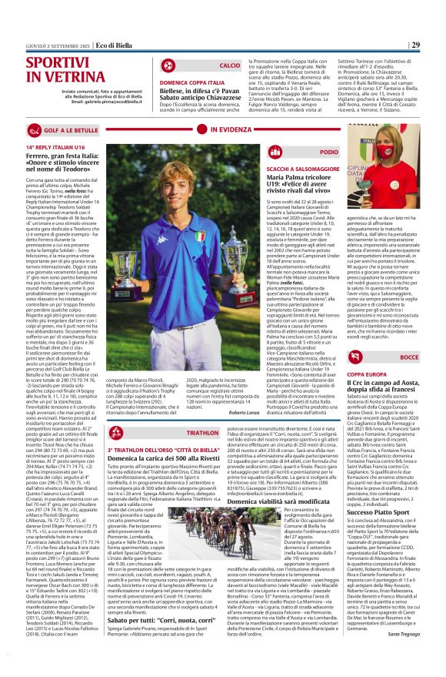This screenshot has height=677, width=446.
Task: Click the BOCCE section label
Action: tap(410, 357)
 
